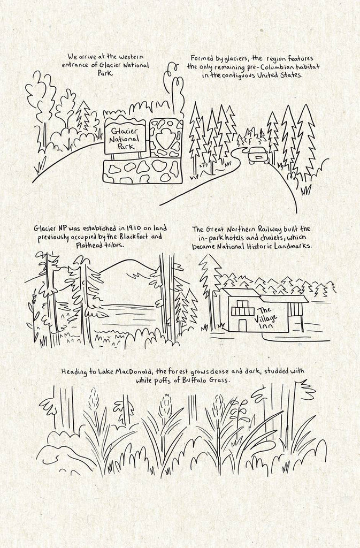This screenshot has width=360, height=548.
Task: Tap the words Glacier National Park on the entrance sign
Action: [125, 139]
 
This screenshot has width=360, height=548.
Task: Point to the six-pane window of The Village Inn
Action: [241, 308]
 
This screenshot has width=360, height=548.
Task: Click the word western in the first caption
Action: [131, 57]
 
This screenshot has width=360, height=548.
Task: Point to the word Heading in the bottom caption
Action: [74, 371]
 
